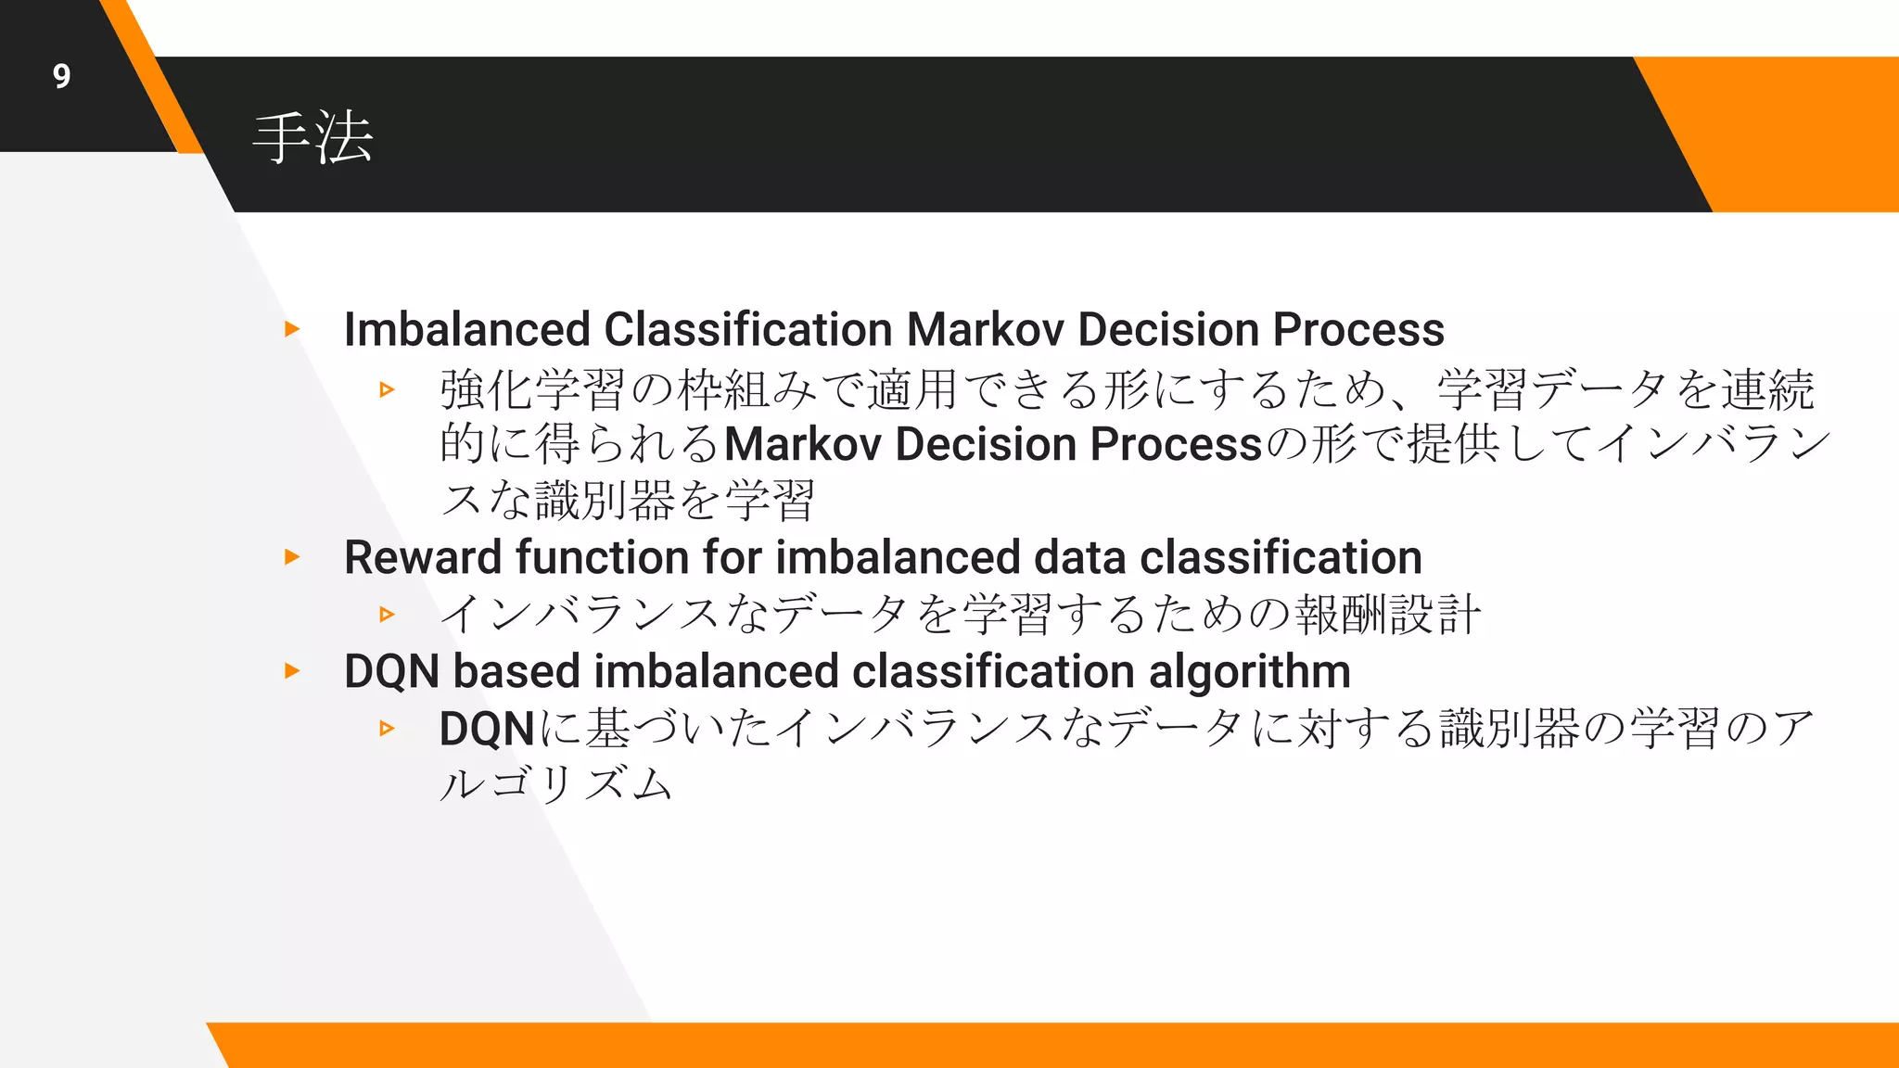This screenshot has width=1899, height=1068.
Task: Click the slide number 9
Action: click(x=61, y=76)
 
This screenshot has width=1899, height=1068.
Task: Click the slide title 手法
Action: click(x=312, y=138)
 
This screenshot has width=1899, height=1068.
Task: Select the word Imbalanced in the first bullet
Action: click(x=466, y=329)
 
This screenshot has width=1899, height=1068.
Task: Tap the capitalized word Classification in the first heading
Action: click(x=748, y=329)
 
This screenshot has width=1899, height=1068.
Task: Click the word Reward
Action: click(x=423, y=557)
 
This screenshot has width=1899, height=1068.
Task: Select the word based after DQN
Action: click(x=516, y=671)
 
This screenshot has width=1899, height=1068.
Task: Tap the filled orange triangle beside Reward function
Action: click(x=292, y=557)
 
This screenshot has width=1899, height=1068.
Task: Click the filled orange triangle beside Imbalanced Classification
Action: click(x=292, y=329)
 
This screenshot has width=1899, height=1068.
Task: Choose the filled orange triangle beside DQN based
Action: click(x=292, y=670)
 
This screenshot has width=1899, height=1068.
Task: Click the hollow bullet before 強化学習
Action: click(x=387, y=389)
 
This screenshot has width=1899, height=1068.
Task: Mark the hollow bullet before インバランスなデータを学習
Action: click(x=387, y=614)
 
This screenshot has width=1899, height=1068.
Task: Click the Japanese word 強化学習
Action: click(x=532, y=389)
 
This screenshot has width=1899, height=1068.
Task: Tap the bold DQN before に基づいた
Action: click(x=487, y=729)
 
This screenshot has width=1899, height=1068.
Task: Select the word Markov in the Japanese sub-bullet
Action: click(x=802, y=444)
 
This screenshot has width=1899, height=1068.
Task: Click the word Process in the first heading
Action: click(x=1358, y=329)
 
